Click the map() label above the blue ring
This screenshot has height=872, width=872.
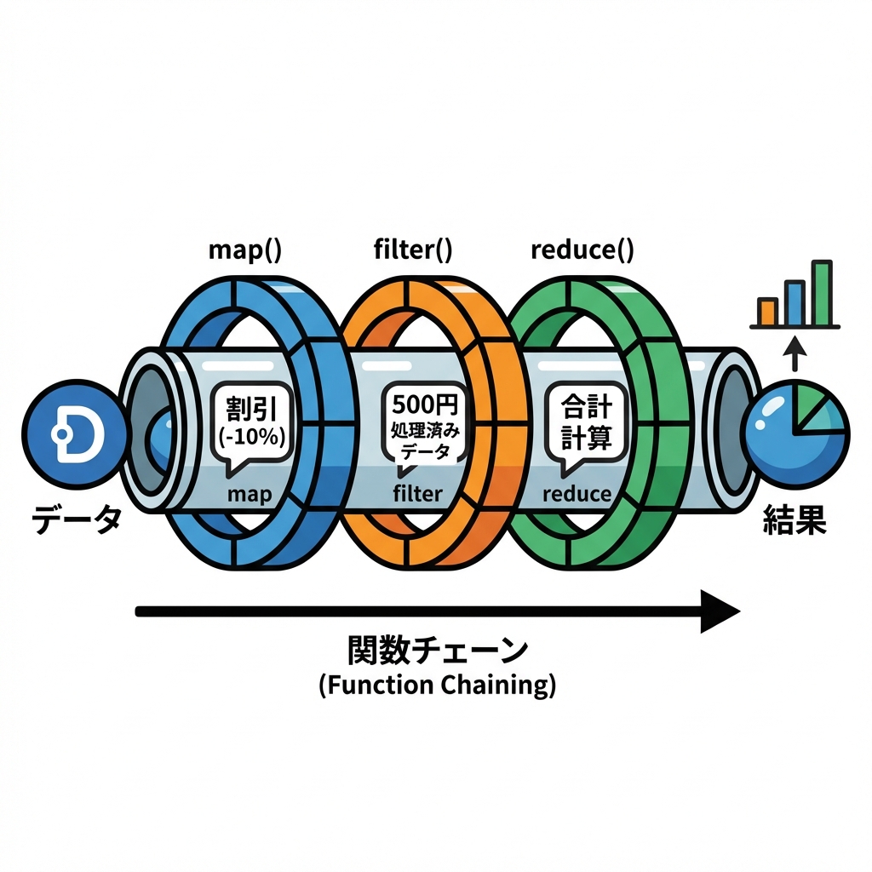[x=245, y=250]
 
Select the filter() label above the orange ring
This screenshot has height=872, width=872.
[x=413, y=250]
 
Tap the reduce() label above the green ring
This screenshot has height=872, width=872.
[x=582, y=250]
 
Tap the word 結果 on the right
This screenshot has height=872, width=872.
[x=793, y=520]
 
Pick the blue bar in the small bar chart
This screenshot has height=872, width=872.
[x=794, y=303]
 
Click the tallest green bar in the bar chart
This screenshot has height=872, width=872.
[x=821, y=293]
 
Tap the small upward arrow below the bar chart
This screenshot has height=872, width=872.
[x=794, y=353]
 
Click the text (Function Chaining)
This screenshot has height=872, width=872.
[x=437, y=686]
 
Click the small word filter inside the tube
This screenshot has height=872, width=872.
[x=417, y=494]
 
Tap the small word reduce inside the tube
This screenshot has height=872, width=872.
[x=577, y=494]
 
